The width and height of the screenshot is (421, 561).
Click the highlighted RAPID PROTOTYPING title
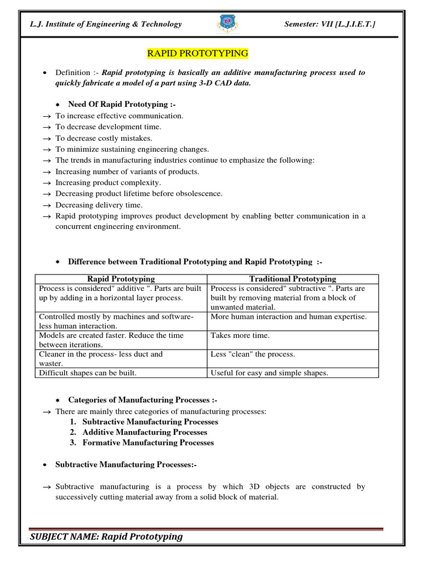pyautogui.click(x=197, y=53)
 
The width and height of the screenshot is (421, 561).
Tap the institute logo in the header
pyautogui.click(x=227, y=24)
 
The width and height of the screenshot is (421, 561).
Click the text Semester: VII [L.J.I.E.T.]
pyautogui.click(x=330, y=24)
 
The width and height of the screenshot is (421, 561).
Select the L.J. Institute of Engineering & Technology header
pyautogui.click(x=106, y=24)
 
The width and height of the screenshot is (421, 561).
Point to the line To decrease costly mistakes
pyautogui.click(x=104, y=138)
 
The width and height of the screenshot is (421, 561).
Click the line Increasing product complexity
pyautogui.click(x=108, y=182)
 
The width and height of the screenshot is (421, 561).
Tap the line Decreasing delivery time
pyautogui.click(x=99, y=205)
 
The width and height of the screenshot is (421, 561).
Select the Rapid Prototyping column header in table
pyautogui.click(x=121, y=279)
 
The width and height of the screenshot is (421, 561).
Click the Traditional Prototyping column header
pyautogui.click(x=293, y=279)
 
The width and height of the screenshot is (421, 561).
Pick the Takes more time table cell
pyautogui.click(x=240, y=335)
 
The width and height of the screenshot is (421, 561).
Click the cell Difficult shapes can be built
pyautogui.click(x=87, y=373)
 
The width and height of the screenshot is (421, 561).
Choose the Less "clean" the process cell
pyautogui.click(x=253, y=354)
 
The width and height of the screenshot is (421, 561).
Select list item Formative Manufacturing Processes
pyautogui.click(x=148, y=443)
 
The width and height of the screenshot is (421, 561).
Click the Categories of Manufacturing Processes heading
pyautogui.click(x=143, y=400)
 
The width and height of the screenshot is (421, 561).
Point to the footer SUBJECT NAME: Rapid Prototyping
pyautogui.click(x=106, y=536)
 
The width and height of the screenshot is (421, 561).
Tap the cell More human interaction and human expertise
pyautogui.click(x=288, y=317)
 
